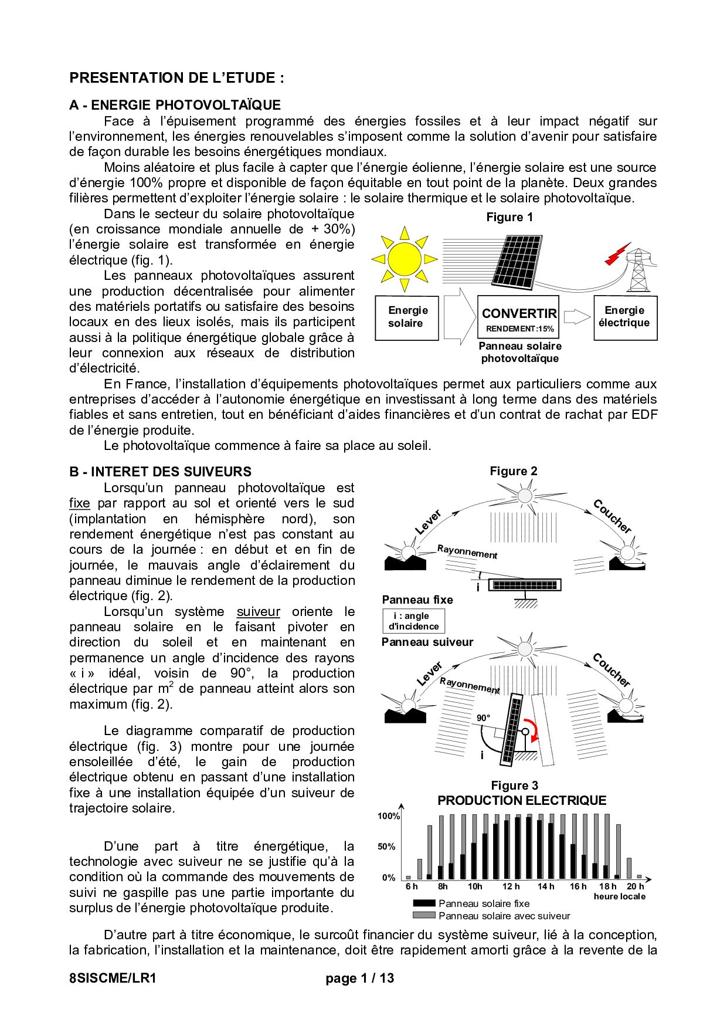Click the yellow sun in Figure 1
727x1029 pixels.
pyautogui.click(x=405, y=259)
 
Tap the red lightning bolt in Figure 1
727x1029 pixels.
pyautogui.click(x=617, y=253)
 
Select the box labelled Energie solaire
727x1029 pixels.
pyautogui.click(x=407, y=317)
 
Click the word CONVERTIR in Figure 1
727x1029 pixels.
pyautogui.click(x=519, y=314)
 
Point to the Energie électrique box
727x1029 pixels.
pyautogui.click(x=625, y=317)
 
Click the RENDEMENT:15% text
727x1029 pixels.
pyautogui.click(x=519, y=329)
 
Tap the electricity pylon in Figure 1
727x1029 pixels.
pyautogui.click(x=638, y=270)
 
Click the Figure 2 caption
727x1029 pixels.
pyautogui.click(x=514, y=471)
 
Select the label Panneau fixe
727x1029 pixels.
pyautogui.click(x=417, y=600)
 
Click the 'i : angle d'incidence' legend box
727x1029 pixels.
pyautogui.click(x=414, y=621)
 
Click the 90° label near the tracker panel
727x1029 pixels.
pyautogui.click(x=483, y=718)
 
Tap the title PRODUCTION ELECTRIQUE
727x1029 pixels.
pyautogui.click(x=522, y=801)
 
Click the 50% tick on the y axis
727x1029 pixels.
pyautogui.click(x=386, y=847)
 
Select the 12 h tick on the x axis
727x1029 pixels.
pyautogui.click(x=511, y=886)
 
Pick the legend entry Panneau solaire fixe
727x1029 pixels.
pyautogui.click(x=484, y=903)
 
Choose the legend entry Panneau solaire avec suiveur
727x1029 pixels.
pyautogui.click(x=504, y=916)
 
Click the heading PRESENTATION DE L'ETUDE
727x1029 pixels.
pyautogui.click(x=176, y=78)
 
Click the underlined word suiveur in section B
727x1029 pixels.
pyautogui.click(x=258, y=611)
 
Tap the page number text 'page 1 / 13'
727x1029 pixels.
pyautogui.click(x=360, y=978)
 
